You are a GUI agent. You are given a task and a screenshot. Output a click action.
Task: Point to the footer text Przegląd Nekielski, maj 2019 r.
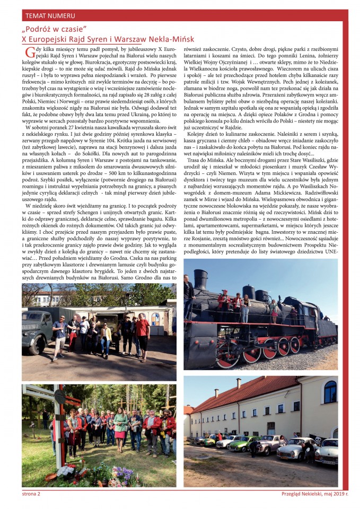(x=314, y=494)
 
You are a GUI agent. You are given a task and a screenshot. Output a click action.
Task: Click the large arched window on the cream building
(x=330, y=392)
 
